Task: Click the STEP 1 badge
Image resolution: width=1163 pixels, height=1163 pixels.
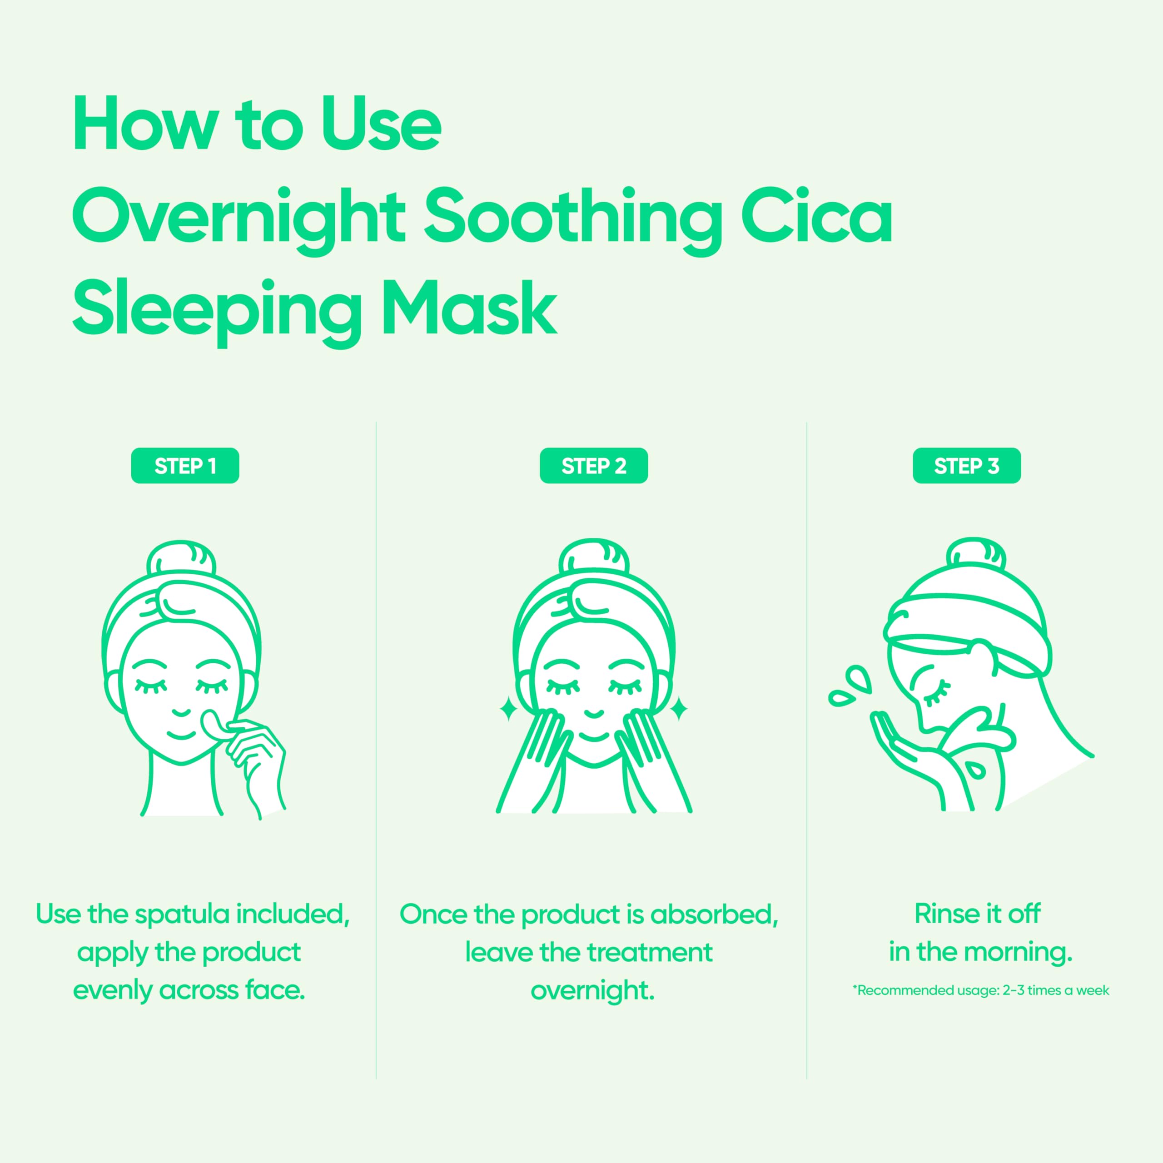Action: [185, 465]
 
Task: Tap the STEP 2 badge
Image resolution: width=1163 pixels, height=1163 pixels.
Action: [594, 465]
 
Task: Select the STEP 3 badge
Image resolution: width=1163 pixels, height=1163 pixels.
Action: [966, 465]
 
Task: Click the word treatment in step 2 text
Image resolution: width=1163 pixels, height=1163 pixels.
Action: [649, 952]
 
